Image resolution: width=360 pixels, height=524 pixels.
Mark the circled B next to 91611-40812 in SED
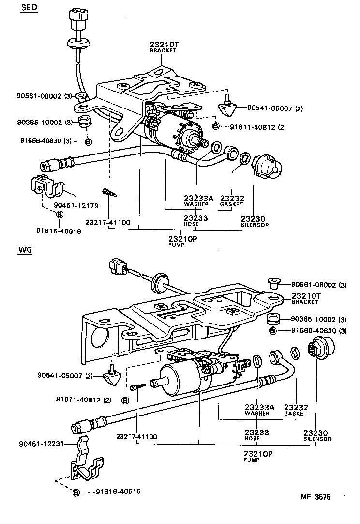(x=216, y=126)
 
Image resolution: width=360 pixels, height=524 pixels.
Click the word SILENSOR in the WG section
(x=317, y=439)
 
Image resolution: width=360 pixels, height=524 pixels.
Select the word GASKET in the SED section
(x=231, y=204)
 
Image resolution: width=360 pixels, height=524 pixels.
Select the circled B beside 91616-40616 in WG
(x=76, y=492)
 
